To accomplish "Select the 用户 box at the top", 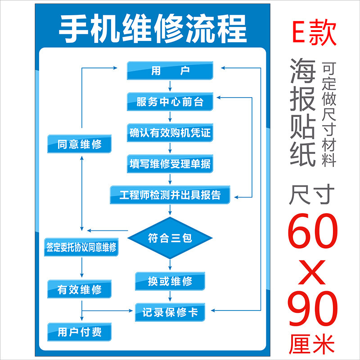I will tap(170, 71).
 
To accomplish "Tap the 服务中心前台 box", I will tap(170, 102).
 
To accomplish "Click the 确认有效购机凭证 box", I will tap(170, 133).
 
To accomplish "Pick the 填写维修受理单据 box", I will tap(170, 164).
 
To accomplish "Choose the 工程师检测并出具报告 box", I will tap(170, 195).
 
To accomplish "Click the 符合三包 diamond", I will tap(170, 238).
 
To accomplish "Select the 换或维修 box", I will tap(170, 282).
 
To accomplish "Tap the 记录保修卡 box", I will tap(170, 312).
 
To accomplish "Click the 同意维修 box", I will tap(80, 144).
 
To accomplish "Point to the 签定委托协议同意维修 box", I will tap(81, 247).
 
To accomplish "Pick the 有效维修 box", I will tap(80, 290).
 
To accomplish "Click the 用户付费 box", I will tap(80, 333).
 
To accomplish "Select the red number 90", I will tap(314, 309).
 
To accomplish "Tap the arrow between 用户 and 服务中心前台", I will tap(170, 85).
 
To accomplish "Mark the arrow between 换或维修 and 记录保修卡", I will tap(170, 296).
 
